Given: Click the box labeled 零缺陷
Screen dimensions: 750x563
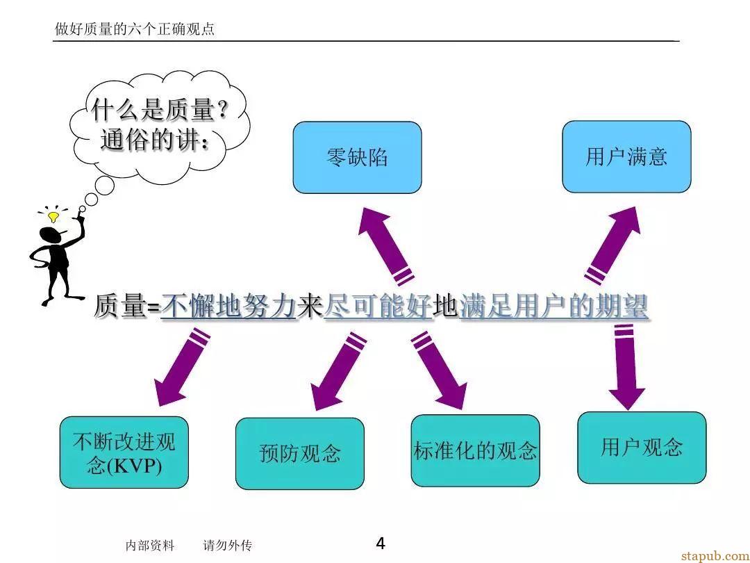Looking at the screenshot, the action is click(358, 158).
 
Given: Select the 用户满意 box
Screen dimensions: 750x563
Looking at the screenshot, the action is click(626, 156).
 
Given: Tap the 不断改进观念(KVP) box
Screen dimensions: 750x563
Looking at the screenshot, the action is click(124, 452).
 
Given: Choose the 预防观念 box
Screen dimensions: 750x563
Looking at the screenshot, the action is click(300, 453).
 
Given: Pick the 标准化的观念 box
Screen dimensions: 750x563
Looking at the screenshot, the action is click(476, 450).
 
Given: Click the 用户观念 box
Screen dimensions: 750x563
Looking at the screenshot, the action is click(642, 448).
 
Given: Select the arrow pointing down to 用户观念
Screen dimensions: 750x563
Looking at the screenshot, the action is click(626, 367).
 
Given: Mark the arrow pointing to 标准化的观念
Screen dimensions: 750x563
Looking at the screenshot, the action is click(439, 370).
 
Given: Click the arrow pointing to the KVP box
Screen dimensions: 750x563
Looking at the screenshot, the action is click(182, 367).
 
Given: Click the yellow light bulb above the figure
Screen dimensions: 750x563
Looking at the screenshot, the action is click(53, 217).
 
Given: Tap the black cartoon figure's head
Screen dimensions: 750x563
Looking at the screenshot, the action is click(51, 236).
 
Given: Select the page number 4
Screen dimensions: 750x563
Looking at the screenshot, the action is click(381, 544).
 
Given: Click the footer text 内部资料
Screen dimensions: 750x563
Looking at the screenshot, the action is click(150, 546).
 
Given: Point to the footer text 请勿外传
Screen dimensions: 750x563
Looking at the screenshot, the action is click(227, 546).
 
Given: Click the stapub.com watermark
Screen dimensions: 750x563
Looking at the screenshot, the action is click(715, 556).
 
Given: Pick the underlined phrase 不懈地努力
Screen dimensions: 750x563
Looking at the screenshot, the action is click(228, 307).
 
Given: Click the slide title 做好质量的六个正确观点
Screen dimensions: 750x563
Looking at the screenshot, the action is click(135, 28).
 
